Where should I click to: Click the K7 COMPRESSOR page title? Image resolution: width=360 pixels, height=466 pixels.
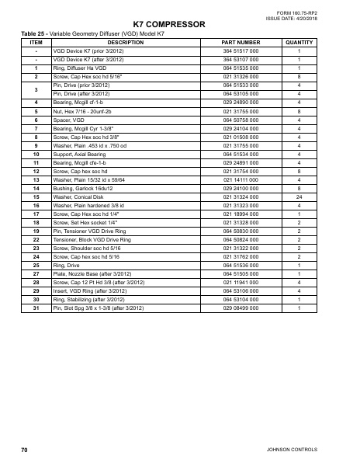169,26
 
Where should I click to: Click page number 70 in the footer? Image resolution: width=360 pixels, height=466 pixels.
24,450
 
